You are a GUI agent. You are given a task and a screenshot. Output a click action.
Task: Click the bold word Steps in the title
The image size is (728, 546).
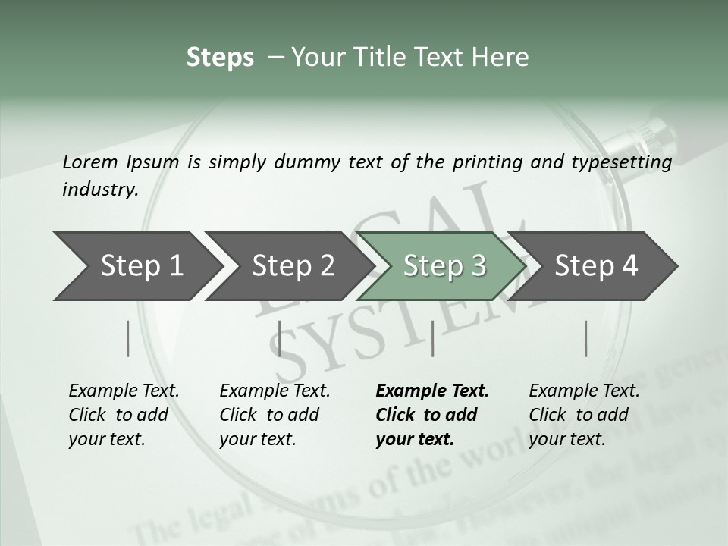point(220,57)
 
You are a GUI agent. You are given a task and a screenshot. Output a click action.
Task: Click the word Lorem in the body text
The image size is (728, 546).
point(89,162)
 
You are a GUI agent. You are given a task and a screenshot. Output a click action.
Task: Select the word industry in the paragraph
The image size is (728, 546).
point(99,190)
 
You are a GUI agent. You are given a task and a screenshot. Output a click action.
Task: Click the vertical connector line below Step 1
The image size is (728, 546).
point(128,338)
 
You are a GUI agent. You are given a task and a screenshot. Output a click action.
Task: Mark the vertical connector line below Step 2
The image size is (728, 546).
point(280,338)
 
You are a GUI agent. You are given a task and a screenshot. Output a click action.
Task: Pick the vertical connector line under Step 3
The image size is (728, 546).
point(432,338)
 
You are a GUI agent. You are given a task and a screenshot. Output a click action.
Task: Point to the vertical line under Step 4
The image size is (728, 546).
point(586,338)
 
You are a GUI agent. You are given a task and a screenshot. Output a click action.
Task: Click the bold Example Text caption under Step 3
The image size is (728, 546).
point(432,415)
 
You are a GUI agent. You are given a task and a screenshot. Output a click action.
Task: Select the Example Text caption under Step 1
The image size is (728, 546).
point(124,415)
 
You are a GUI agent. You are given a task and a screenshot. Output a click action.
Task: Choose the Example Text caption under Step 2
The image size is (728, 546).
point(275,415)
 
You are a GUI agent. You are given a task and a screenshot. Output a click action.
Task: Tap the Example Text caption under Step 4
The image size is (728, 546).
point(584,415)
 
